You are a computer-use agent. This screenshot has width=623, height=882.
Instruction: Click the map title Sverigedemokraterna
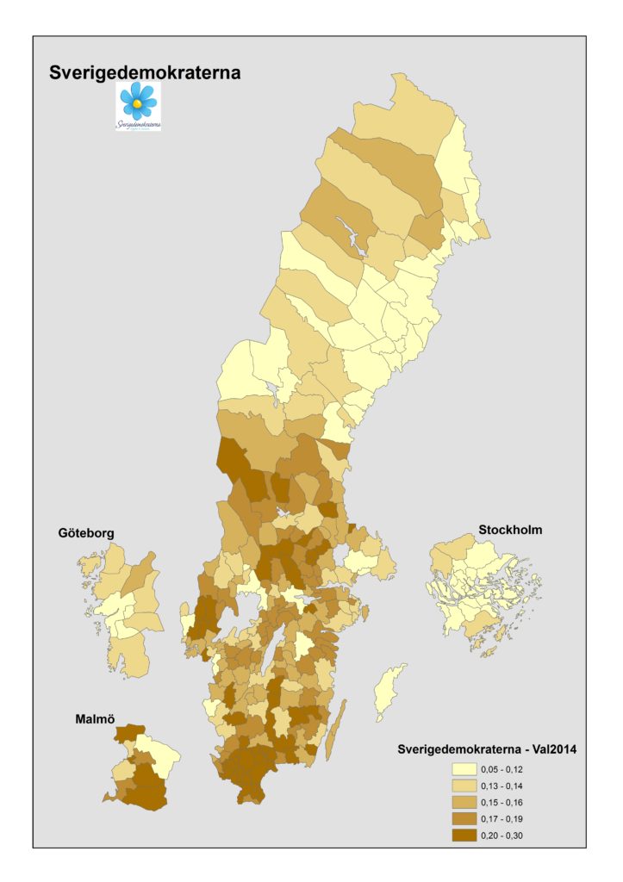point(145,73)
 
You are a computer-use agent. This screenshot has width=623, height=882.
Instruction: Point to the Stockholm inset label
point(510,530)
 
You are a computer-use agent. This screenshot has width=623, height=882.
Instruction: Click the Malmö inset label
point(94,717)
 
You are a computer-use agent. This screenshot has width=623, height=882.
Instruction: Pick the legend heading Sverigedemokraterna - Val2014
point(487,749)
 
